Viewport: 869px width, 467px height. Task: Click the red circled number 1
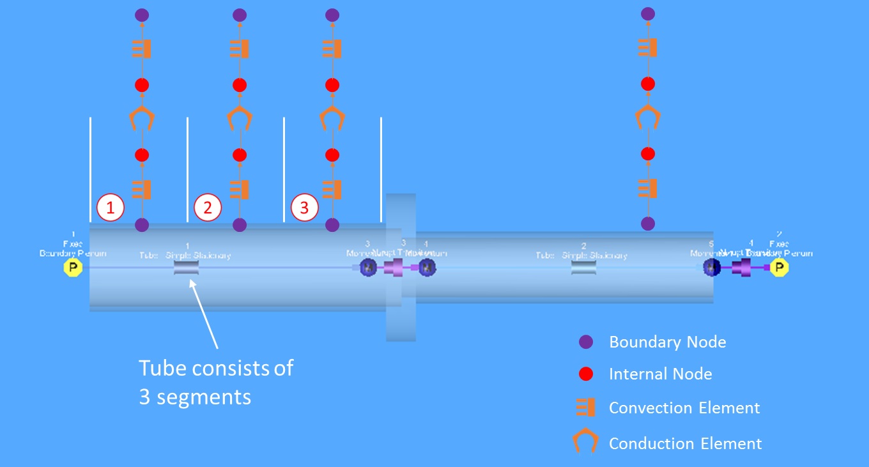(110, 208)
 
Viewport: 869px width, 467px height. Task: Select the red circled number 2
(207, 208)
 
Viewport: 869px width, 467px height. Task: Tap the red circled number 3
(304, 208)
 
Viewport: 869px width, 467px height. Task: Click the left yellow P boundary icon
(73, 268)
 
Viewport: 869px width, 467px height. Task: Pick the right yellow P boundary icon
(778, 267)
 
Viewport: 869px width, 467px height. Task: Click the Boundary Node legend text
(667, 342)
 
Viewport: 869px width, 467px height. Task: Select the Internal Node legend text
(660, 374)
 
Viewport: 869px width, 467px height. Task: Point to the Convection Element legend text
(684, 408)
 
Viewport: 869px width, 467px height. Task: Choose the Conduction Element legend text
(685, 443)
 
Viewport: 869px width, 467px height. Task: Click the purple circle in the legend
(585, 342)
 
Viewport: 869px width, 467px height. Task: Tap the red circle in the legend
(585, 374)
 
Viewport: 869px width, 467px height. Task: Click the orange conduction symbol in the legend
(585, 441)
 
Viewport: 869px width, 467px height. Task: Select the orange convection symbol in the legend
(585, 408)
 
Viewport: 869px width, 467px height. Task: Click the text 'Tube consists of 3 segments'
(216, 382)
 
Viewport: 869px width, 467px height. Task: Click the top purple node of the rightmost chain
(648, 13)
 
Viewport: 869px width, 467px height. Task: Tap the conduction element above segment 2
(240, 118)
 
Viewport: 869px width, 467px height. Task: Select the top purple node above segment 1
(142, 14)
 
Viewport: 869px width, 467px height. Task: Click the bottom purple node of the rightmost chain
(648, 224)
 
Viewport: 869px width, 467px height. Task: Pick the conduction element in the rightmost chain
(648, 118)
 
